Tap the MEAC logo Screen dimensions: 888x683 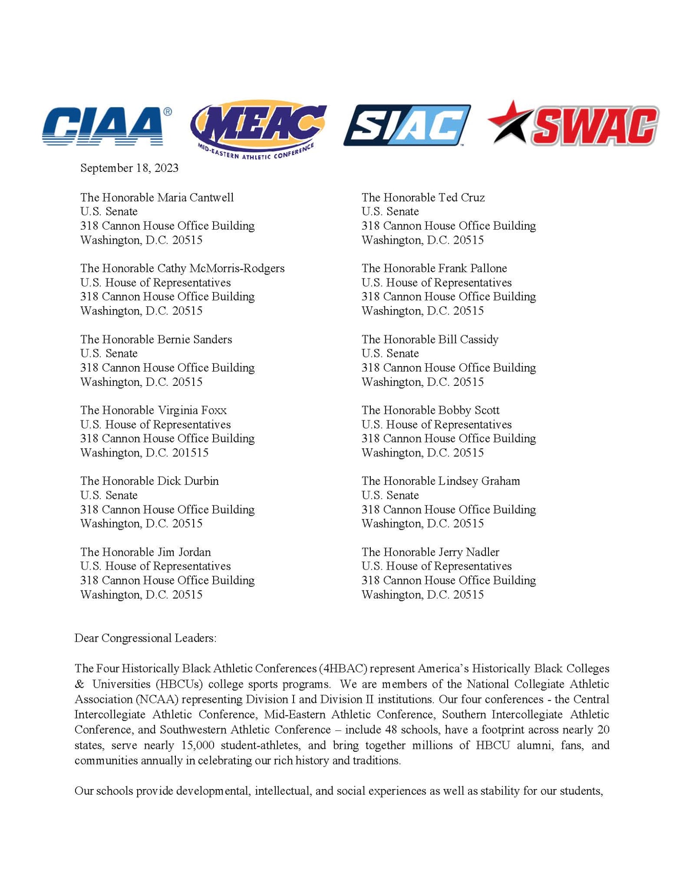259,128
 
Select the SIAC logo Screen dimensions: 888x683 407,125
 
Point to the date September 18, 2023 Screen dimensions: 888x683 129,168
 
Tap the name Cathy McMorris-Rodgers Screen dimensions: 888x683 221,269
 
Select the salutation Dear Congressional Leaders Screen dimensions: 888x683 145,638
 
